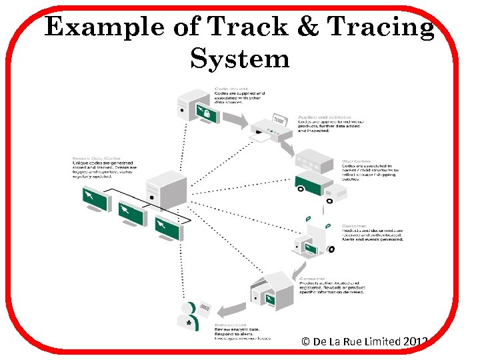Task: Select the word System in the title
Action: click(240, 59)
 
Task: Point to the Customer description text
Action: click(373, 233)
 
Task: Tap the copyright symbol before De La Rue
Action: click(306, 341)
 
